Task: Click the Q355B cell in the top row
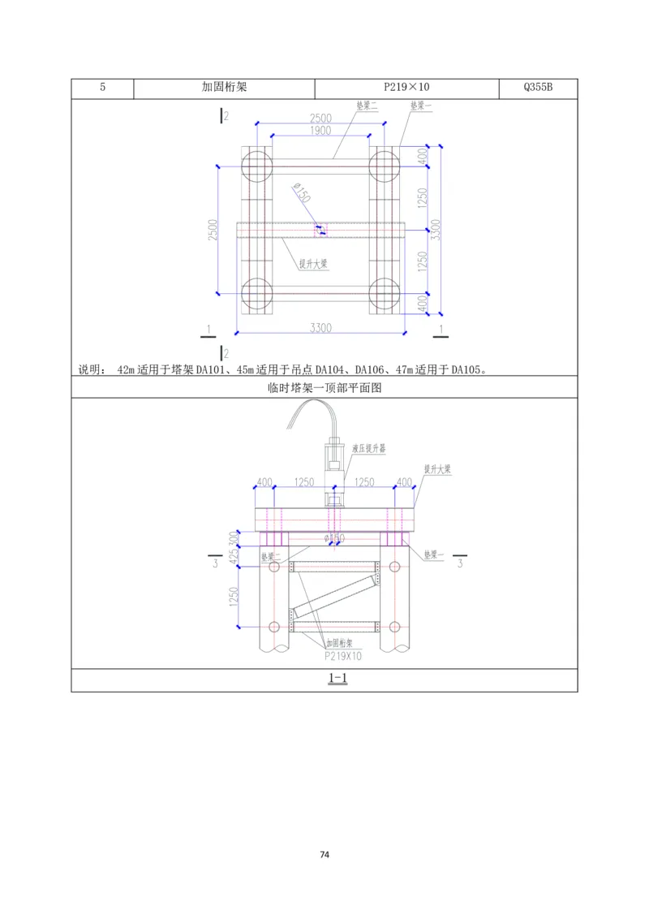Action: (538, 88)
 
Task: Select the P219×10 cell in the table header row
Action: (406, 88)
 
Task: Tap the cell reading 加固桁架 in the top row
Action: (224, 88)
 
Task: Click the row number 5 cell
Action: (102, 88)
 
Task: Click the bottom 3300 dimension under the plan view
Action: (320, 327)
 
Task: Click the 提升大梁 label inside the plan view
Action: (312, 263)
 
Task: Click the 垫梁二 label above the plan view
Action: (367, 106)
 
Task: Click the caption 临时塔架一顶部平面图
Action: (324, 388)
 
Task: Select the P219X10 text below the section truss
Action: (342, 654)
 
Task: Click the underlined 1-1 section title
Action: (337, 679)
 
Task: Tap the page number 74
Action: (324, 855)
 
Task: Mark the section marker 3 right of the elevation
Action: (459, 563)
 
